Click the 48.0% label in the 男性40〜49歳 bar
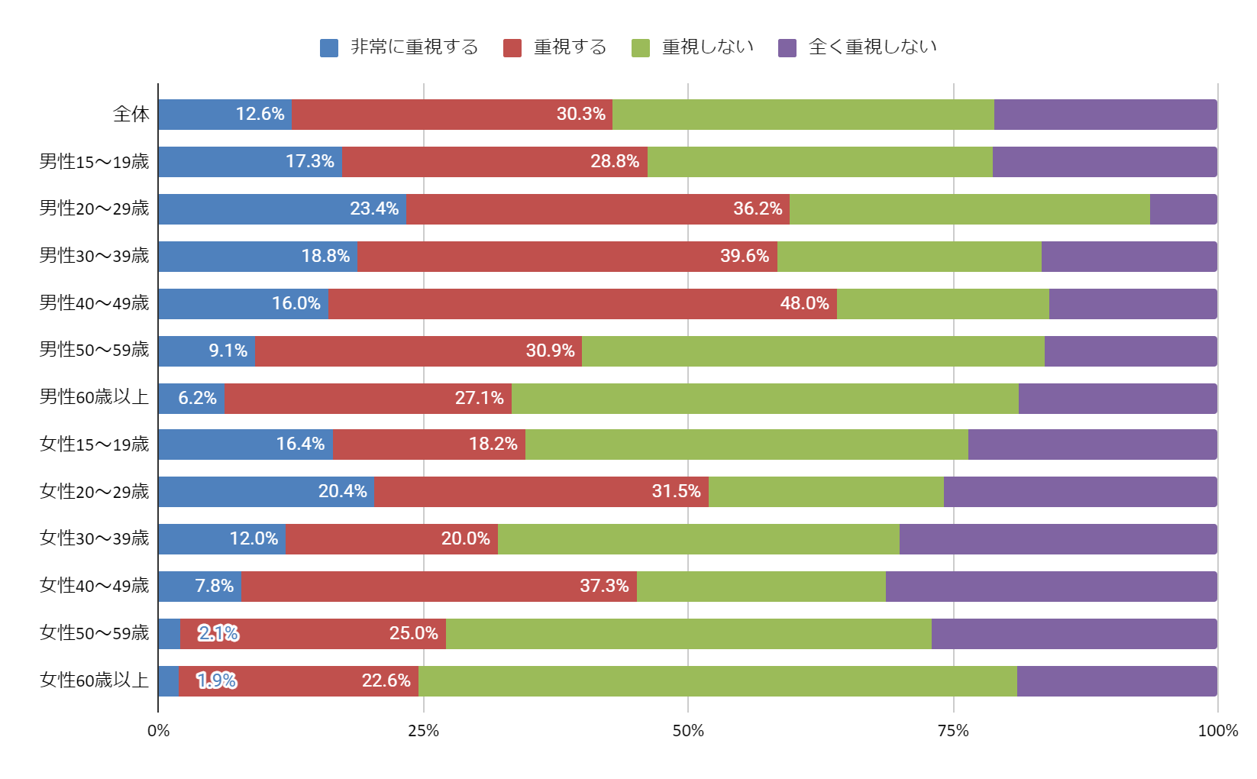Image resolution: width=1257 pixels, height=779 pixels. [x=804, y=303]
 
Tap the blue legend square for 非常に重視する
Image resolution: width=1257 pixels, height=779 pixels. [x=329, y=48]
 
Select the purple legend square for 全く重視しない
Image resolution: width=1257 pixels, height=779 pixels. [x=787, y=48]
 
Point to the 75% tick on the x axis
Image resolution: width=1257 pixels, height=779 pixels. [x=953, y=731]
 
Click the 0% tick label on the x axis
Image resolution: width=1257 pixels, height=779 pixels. [x=158, y=731]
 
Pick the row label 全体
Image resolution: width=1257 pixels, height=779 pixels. [x=131, y=115]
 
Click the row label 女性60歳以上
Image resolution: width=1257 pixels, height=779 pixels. [x=94, y=680]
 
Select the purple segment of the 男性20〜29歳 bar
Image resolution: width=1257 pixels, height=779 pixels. [x=1183, y=209]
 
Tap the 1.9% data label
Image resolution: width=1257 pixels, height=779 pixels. [x=217, y=680]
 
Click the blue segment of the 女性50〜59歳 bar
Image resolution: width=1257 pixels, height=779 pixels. [x=169, y=634]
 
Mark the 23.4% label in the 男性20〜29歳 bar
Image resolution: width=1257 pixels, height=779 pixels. [x=374, y=208]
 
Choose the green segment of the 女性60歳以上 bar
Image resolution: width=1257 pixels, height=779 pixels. [x=717, y=681]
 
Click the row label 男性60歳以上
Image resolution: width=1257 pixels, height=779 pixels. [x=94, y=397]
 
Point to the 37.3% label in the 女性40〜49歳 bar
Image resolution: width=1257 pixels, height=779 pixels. [x=604, y=586]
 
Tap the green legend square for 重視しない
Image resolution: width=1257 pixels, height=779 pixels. [x=641, y=48]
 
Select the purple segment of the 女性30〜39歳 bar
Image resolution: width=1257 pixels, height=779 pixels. [x=1058, y=539]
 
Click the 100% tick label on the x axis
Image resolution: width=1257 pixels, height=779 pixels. [x=1217, y=731]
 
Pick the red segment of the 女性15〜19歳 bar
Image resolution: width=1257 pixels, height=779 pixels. [x=428, y=444]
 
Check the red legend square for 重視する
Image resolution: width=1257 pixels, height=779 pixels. [x=512, y=48]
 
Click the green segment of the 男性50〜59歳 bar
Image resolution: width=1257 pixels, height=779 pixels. [x=813, y=351]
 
